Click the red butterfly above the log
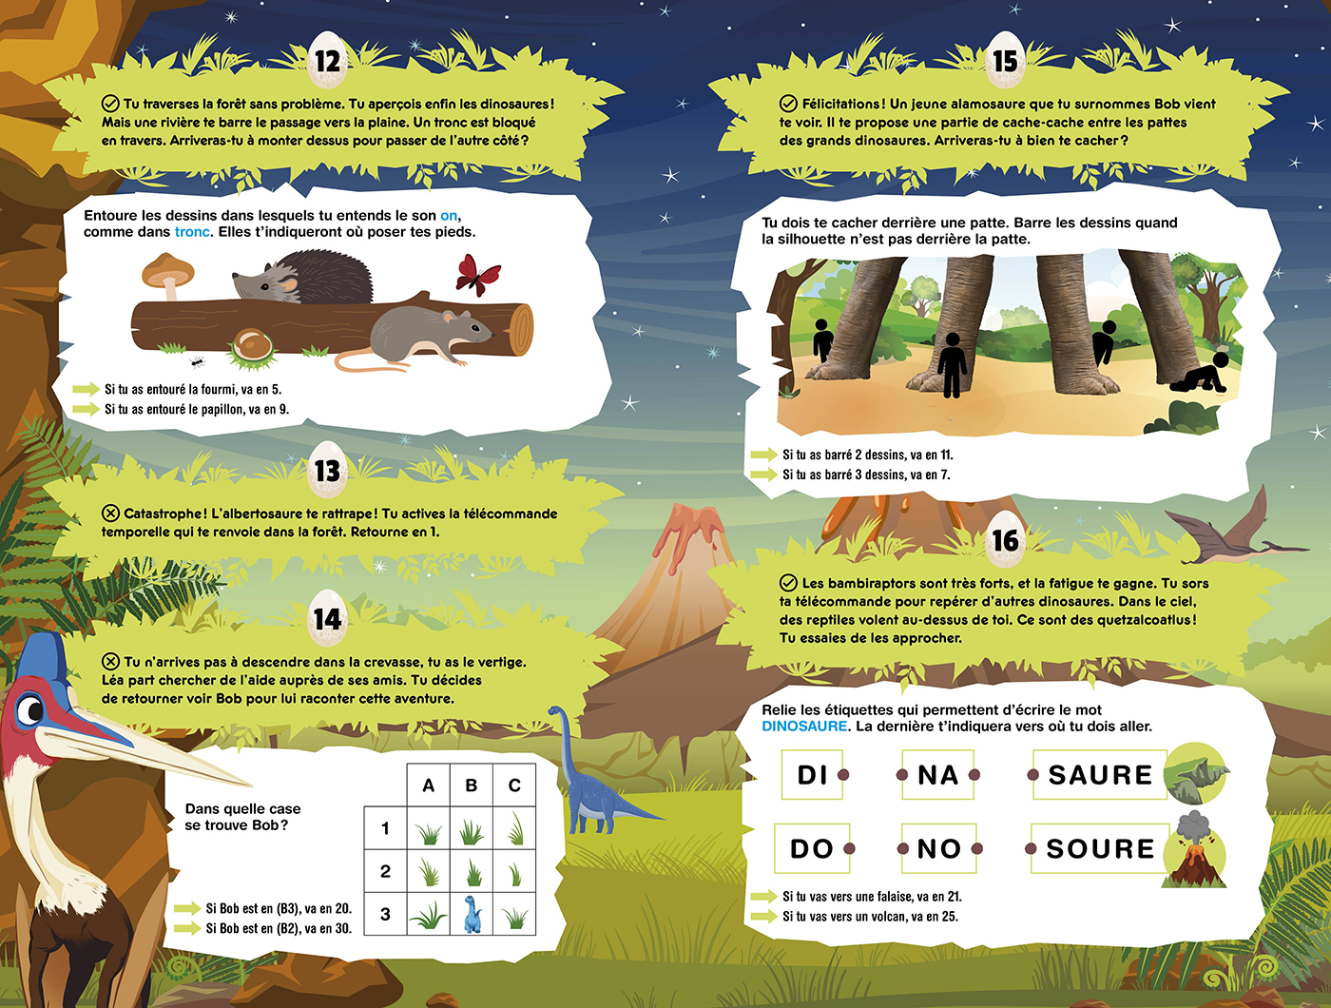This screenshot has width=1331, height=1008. tap(478, 275)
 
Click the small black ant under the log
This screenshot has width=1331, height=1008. tap(197, 362)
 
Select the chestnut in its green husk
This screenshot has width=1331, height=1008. tap(252, 348)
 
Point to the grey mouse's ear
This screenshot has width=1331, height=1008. tap(450, 318)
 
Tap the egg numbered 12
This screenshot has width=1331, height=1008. tap(327, 60)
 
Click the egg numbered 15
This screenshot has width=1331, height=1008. tap(1005, 60)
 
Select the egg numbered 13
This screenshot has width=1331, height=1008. tap(327, 470)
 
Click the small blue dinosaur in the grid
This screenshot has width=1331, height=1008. tap(473, 914)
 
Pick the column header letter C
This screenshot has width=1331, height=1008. tap(514, 785)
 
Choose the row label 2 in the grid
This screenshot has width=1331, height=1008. tap(385, 871)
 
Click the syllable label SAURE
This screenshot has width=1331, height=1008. tap(1100, 775)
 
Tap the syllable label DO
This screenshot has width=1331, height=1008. tap(812, 848)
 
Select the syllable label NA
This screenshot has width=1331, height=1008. tap(937, 775)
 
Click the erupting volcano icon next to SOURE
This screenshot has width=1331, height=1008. tap(1194, 849)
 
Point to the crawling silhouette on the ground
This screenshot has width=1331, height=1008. tap(1200, 374)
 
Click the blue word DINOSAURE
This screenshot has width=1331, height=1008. tap(804, 726)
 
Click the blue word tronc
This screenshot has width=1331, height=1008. tap(192, 232)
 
